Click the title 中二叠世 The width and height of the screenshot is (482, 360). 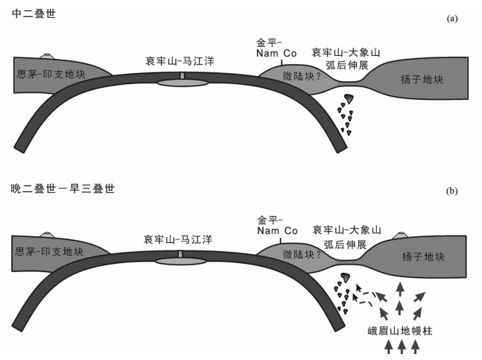click(x=29, y=14)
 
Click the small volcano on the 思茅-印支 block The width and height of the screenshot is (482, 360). click(x=47, y=57)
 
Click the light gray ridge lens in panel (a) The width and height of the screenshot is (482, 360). click(x=183, y=83)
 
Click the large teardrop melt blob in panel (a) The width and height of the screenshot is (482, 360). click(x=349, y=99)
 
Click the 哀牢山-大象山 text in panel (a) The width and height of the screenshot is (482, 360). click(x=345, y=52)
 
